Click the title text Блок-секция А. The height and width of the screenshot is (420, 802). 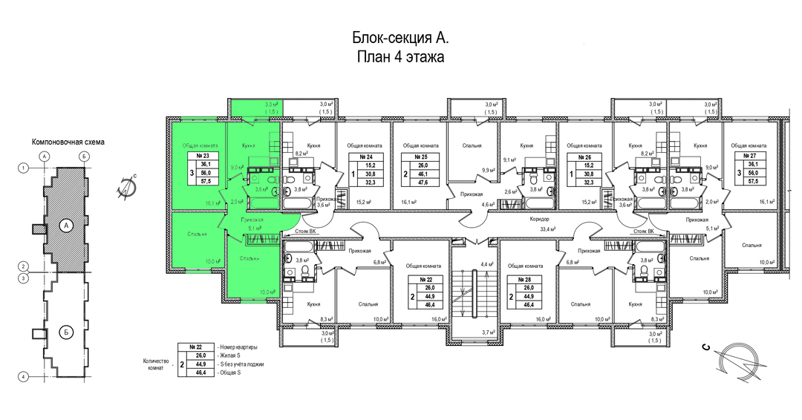(400, 38)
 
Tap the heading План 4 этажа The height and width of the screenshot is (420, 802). (400, 58)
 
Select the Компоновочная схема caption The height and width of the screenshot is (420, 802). (68, 141)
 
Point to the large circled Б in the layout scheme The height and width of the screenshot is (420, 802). (65, 332)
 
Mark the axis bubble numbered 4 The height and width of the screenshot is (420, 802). (24, 377)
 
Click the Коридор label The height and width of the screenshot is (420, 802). (540, 220)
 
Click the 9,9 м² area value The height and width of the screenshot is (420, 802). (489, 171)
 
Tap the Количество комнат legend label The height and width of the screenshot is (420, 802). (157, 364)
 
